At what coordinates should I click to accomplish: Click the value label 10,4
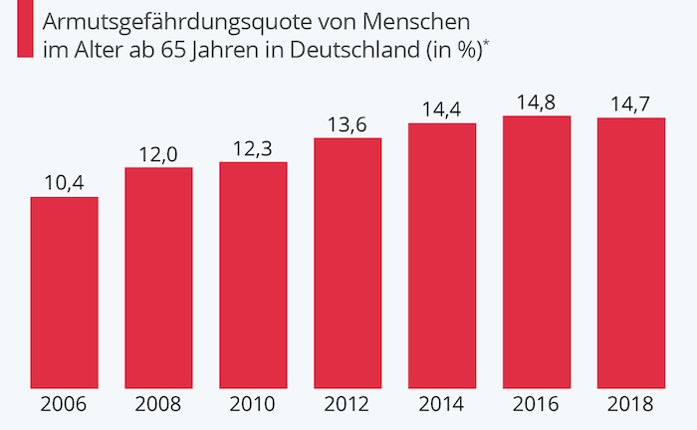[64, 182]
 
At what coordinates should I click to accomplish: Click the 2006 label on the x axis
[64, 405]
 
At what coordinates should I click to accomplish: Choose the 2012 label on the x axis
[348, 405]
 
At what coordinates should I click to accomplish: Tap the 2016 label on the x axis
[537, 405]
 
